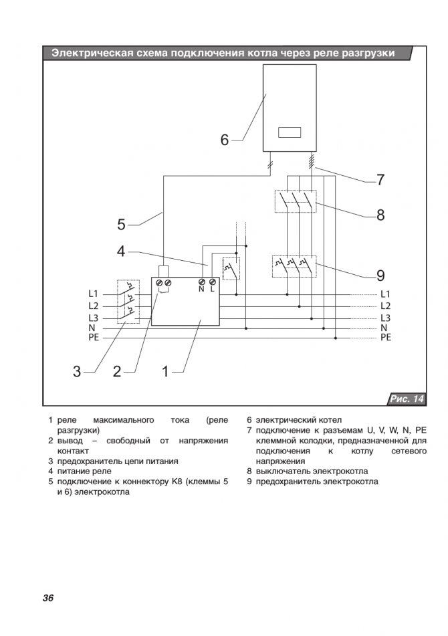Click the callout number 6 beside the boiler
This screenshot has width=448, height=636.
225,140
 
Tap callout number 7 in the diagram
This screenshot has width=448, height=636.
380,180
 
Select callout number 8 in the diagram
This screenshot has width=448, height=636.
380,215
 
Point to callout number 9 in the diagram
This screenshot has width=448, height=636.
380,275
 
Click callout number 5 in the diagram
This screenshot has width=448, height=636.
121,224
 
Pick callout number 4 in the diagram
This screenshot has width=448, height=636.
121,251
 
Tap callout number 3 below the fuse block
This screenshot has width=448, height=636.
77,372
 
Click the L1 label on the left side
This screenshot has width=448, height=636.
93,294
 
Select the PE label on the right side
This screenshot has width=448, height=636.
386,338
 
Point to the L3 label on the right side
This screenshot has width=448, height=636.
385,317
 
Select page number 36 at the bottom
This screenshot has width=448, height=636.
47,598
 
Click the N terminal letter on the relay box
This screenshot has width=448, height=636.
201,289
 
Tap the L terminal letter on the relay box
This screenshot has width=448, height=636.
213,289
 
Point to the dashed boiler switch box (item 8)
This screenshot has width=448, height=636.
294,201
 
